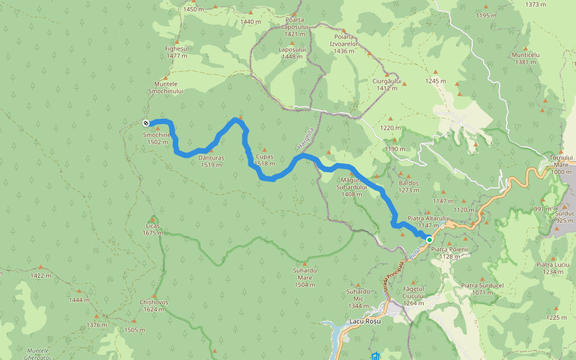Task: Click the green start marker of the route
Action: [x=430, y=239]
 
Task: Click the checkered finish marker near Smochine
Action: [x=146, y=124]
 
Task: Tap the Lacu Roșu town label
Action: [x=364, y=322]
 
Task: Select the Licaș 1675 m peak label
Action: [x=153, y=229]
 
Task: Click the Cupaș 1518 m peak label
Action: [x=264, y=160]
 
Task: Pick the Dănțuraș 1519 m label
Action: [x=211, y=161]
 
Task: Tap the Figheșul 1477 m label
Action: [x=176, y=52]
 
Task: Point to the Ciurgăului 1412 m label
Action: [x=386, y=85]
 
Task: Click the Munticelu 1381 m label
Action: [x=525, y=58]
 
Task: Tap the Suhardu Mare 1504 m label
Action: [x=305, y=277]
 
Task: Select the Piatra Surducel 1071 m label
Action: [x=482, y=289]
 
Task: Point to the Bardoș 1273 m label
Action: [x=408, y=187]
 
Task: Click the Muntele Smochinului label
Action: [x=166, y=88]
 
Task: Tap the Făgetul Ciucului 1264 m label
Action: [x=413, y=296]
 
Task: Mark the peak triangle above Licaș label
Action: [x=154, y=218]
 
